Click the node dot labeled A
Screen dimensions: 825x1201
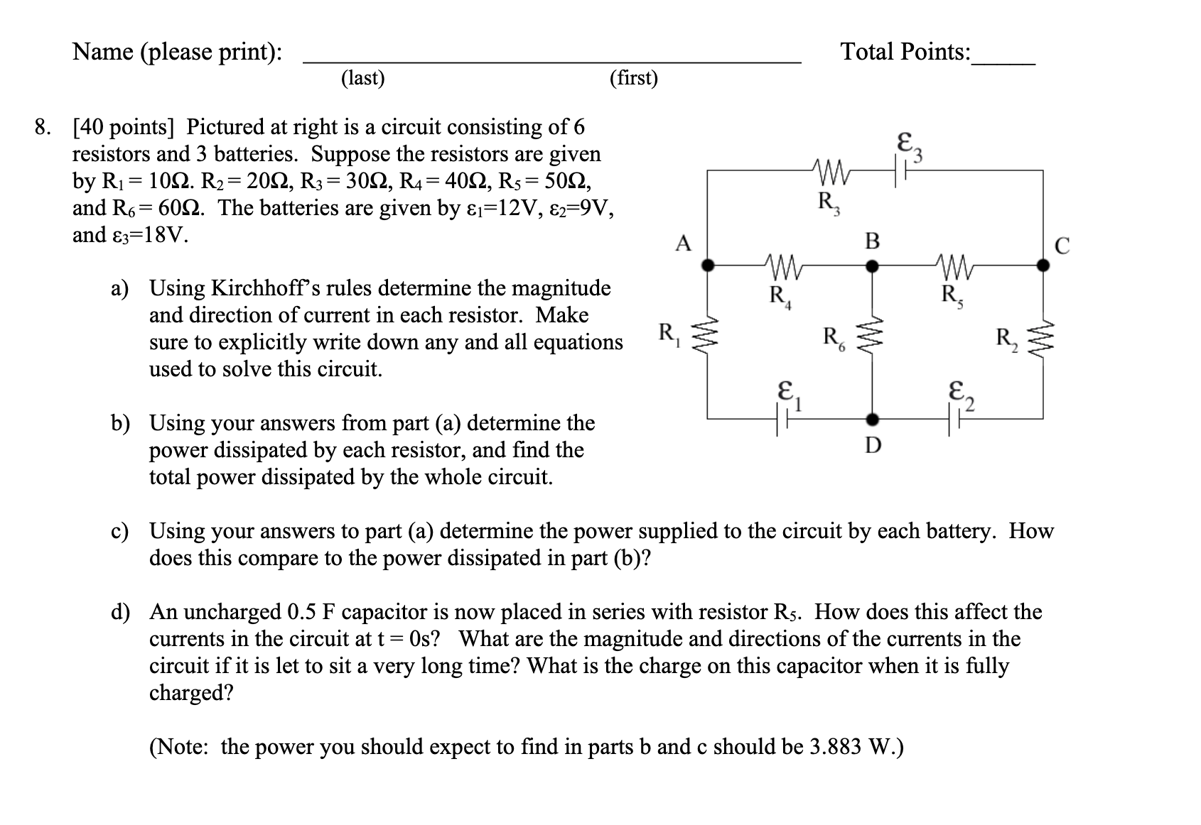tap(708, 266)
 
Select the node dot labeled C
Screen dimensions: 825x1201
tap(1043, 266)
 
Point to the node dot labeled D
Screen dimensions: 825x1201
tap(873, 418)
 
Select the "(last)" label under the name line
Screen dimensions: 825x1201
tap(362, 78)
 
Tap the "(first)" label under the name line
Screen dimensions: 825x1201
tap(633, 78)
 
